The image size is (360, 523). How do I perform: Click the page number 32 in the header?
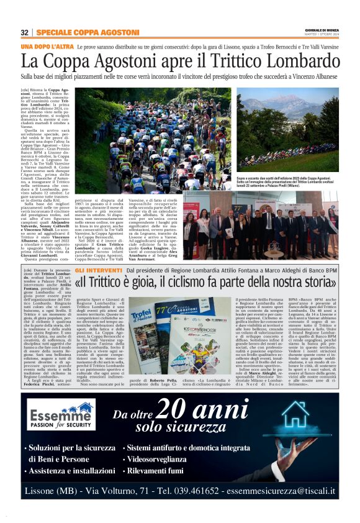24,32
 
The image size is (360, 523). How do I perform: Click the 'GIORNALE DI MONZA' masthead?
320,30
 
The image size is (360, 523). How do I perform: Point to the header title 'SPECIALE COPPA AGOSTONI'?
87,32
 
